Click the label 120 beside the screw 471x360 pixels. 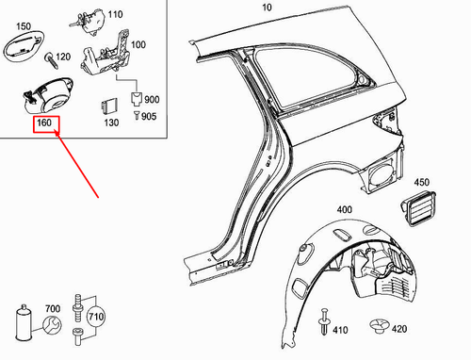(x=64, y=58)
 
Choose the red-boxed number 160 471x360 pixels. (x=43, y=123)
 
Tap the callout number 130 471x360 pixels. (x=111, y=123)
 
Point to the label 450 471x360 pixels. (x=421, y=182)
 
